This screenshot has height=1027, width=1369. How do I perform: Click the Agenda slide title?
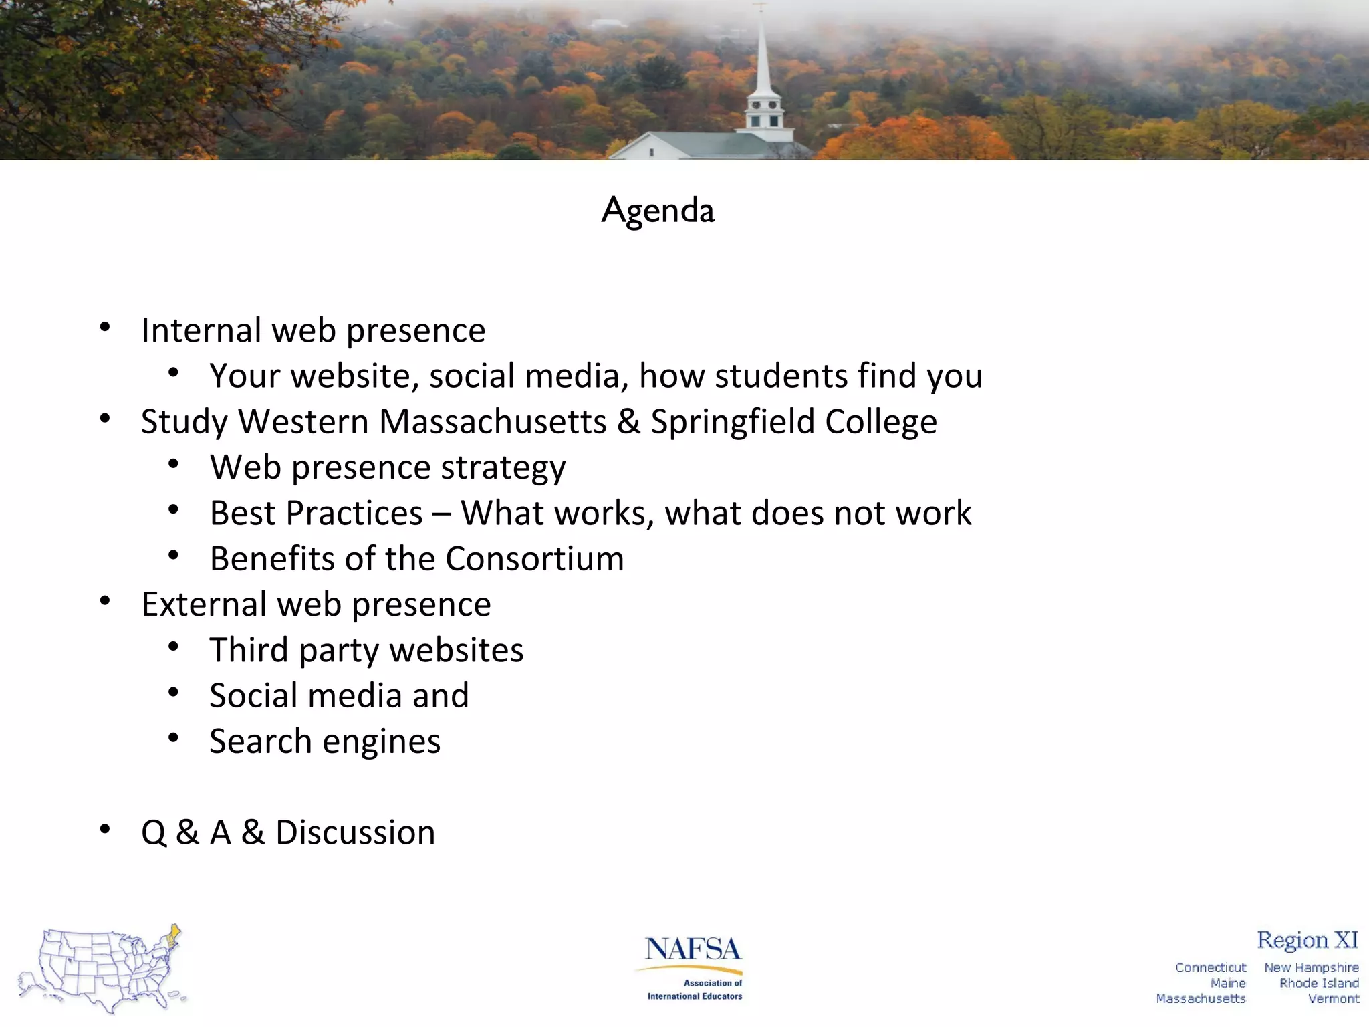658,211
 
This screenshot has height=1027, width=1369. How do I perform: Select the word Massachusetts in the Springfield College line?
493,422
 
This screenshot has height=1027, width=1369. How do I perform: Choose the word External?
203,604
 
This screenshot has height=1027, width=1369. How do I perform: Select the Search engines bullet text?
325,741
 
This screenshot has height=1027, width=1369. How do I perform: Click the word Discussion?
355,833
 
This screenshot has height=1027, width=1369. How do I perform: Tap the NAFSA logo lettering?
693,949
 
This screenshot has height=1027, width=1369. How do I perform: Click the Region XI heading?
1307,940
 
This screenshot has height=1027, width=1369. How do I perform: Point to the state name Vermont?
1333,998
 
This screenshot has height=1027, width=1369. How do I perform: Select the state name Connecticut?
1211,967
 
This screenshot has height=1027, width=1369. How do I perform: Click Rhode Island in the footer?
1318,983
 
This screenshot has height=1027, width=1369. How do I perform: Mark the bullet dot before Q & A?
105,830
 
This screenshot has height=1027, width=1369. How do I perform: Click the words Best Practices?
316,513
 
